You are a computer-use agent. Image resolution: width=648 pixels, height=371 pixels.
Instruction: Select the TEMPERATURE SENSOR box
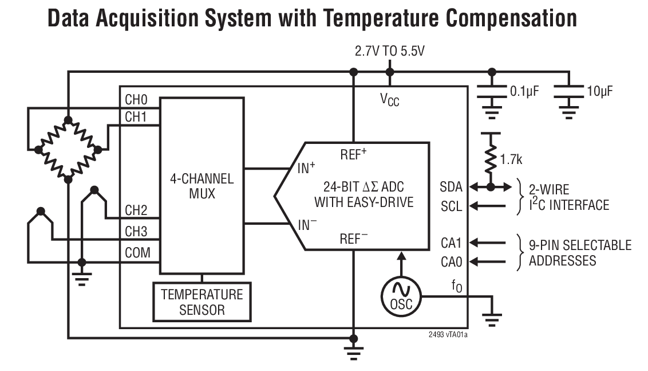coord(201,302)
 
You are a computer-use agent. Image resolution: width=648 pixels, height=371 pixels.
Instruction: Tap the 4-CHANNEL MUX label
coord(201,186)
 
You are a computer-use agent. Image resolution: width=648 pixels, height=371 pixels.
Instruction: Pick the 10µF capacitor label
coord(599,91)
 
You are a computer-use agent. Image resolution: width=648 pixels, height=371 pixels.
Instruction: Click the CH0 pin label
coord(136,100)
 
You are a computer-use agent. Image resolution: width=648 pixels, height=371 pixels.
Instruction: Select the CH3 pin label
coord(136,233)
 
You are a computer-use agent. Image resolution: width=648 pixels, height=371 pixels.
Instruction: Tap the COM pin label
coord(137,252)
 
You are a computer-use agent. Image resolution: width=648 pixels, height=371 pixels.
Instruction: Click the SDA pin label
coord(451,187)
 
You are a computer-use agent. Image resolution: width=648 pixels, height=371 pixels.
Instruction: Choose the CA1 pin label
coord(451,244)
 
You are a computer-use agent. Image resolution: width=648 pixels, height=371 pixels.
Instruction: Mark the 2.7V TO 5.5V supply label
coord(389,52)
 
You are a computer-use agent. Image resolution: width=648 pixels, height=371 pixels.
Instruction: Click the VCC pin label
coord(390,100)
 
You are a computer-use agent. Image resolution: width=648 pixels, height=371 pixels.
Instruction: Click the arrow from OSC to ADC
coord(401,264)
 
